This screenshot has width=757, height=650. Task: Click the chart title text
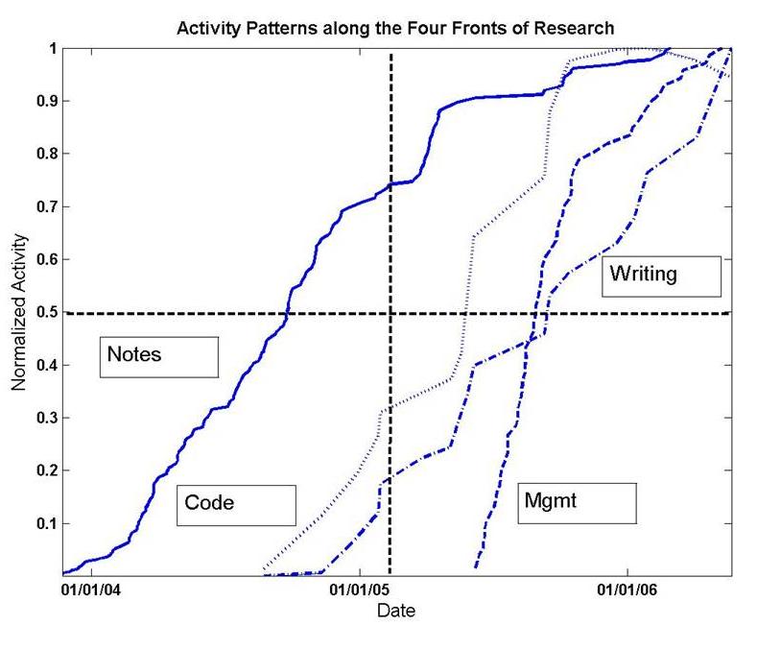pos(395,27)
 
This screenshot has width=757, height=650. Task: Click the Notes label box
pos(159,355)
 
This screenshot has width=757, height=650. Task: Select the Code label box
pos(236,503)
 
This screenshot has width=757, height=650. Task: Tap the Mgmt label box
pos(577,502)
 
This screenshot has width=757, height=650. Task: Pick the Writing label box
pos(660,276)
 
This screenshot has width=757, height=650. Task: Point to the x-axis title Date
pos(395,610)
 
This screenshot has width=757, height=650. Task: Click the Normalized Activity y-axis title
pos(19,312)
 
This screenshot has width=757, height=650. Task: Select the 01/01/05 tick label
pos(360,589)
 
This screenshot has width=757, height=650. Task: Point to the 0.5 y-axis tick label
pos(45,312)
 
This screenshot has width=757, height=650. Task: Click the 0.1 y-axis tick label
pos(45,523)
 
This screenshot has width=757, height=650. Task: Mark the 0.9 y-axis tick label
pos(45,101)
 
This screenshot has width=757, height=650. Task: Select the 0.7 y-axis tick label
pos(45,206)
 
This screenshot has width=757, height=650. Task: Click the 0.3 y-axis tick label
pos(45,418)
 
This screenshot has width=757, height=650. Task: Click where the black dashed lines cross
pos(390,313)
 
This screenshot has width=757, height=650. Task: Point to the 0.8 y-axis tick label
pos(45,154)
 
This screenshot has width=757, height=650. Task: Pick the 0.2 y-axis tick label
pos(45,470)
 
